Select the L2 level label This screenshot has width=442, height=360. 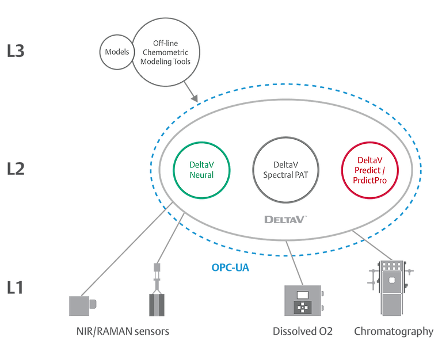tap(16, 169)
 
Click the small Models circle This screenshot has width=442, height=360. tap(117, 52)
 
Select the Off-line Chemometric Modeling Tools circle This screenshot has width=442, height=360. tap(167, 52)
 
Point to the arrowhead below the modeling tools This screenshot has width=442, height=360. tap(196, 99)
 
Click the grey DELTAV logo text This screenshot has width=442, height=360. tap(285, 219)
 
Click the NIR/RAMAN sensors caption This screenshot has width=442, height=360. tap(123, 332)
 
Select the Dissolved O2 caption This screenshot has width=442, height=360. tap(303, 332)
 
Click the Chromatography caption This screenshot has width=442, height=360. tap(394, 332)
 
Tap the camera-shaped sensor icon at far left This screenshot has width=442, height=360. tap(83, 305)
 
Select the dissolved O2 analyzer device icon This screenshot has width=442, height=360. tap(302, 300)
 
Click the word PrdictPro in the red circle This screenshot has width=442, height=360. tap(369, 181)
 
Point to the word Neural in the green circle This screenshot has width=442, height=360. tap(202, 175)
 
